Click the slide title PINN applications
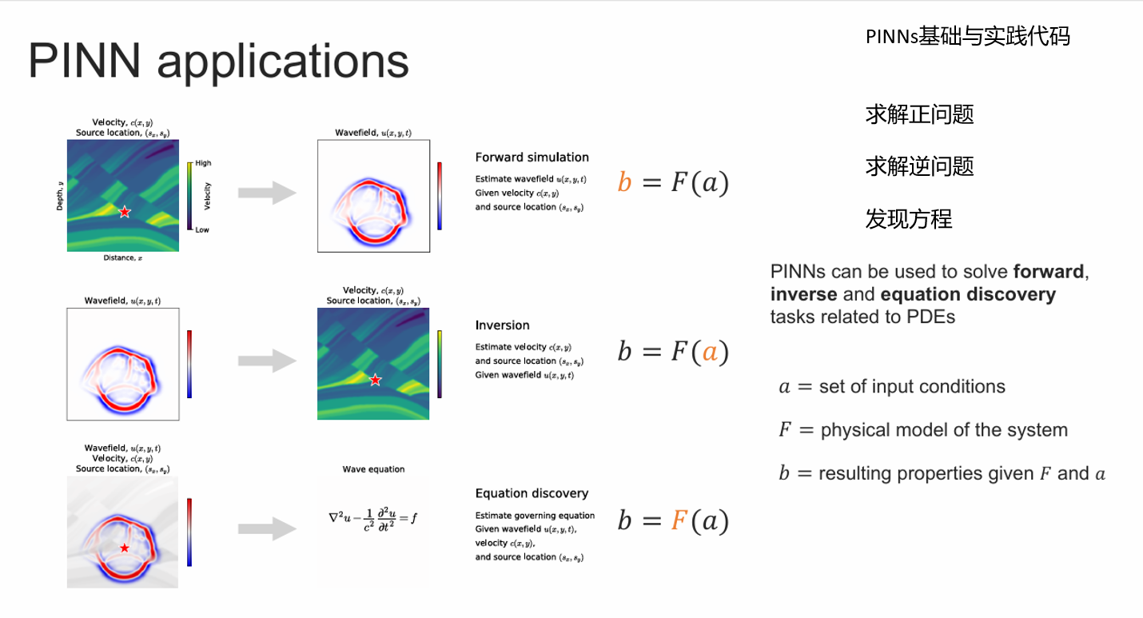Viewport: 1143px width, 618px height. [218, 62]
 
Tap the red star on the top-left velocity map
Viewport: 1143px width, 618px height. [125, 212]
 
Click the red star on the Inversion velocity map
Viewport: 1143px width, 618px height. [376, 380]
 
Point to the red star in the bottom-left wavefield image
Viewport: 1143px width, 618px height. [124, 548]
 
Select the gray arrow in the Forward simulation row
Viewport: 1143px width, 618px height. [267, 193]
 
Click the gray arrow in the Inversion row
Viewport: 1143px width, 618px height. [267, 361]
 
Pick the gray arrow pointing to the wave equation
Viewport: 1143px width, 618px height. [267, 528]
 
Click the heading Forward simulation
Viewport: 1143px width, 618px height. [532, 157]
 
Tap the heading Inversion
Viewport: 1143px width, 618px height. [502, 325]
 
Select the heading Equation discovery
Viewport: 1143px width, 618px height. [532, 493]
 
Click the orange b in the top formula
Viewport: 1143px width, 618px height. [625, 183]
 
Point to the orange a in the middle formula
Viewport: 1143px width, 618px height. [710, 352]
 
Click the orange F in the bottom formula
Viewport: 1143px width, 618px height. [679, 520]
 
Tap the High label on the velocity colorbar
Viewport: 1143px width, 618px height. [204, 163]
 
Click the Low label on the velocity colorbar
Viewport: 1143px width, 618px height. [203, 229]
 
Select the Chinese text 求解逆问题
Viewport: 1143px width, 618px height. [919, 166]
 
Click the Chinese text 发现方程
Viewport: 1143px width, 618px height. [909, 218]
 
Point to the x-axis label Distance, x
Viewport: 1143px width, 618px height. [122, 258]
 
